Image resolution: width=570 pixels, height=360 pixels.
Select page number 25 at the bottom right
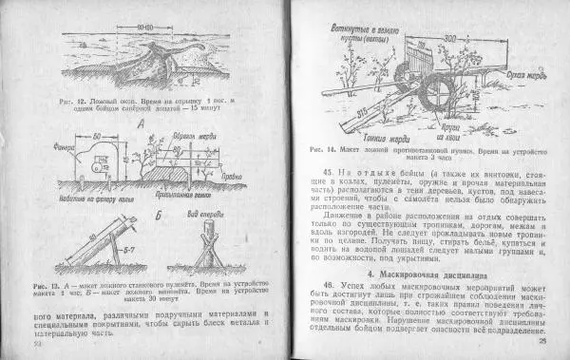[x=542, y=341]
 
